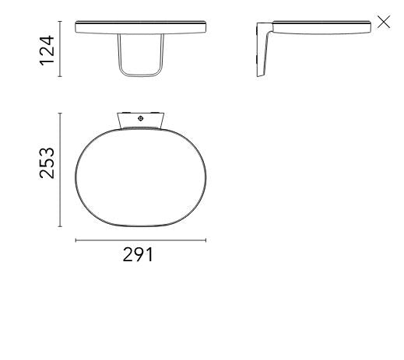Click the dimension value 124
[x=48, y=51]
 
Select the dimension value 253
[x=48, y=162]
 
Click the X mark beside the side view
[x=383, y=22]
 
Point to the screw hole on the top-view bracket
[x=139, y=118]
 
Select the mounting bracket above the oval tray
[x=140, y=119]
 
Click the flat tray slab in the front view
[x=141, y=28]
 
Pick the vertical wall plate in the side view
[x=262, y=51]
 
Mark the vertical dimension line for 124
[x=61, y=51]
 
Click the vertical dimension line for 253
[x=61, y=170]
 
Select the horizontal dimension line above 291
[x=140, y=240]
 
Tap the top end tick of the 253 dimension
[x=61, y=113]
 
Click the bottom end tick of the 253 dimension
[x=61, y=227]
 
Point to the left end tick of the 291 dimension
[x=76, y=240]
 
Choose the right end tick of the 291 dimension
[x=206, y=240]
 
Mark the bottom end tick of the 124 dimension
[x=61, y=78]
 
